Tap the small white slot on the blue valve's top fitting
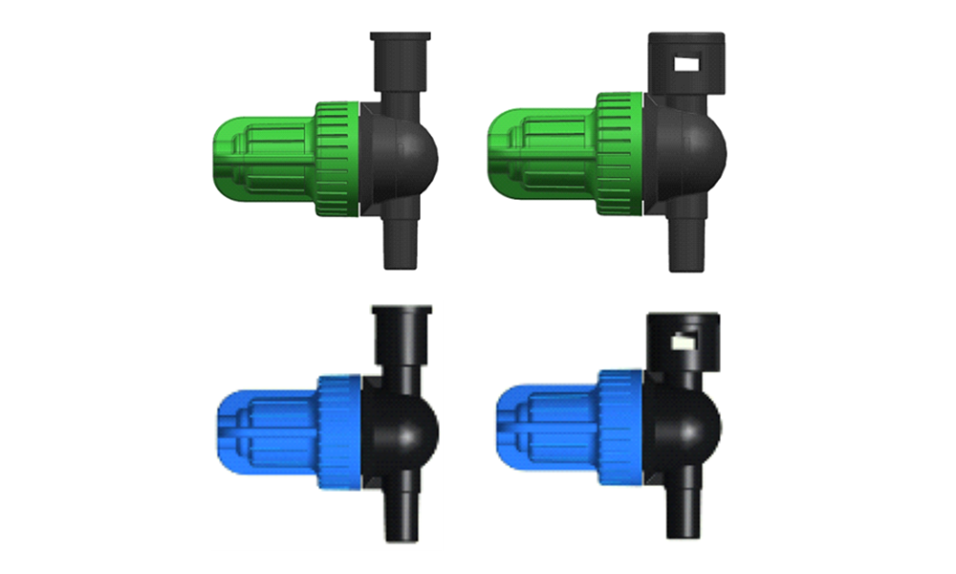click(684, 340)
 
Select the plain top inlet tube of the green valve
click(400, 62)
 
